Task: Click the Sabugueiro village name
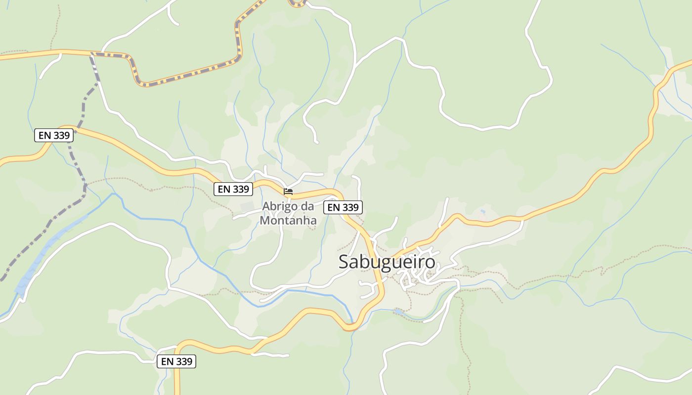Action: pos(387,262)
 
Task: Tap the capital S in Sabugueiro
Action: pos(344,262)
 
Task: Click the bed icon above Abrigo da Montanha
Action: pos(288,191)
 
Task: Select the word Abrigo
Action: pos(279,206)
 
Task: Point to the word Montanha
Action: pos(288,220)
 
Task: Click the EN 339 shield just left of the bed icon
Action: pos(233,189)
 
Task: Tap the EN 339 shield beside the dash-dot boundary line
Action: pos(54,135)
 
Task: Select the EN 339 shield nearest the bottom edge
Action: pos(177,361)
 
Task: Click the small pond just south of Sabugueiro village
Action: pos(399,312)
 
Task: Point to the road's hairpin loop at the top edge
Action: pos(297,3)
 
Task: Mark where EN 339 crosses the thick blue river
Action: pos(350,326)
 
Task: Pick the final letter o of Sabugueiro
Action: pos(431,262)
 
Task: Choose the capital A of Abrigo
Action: pos(266,206)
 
